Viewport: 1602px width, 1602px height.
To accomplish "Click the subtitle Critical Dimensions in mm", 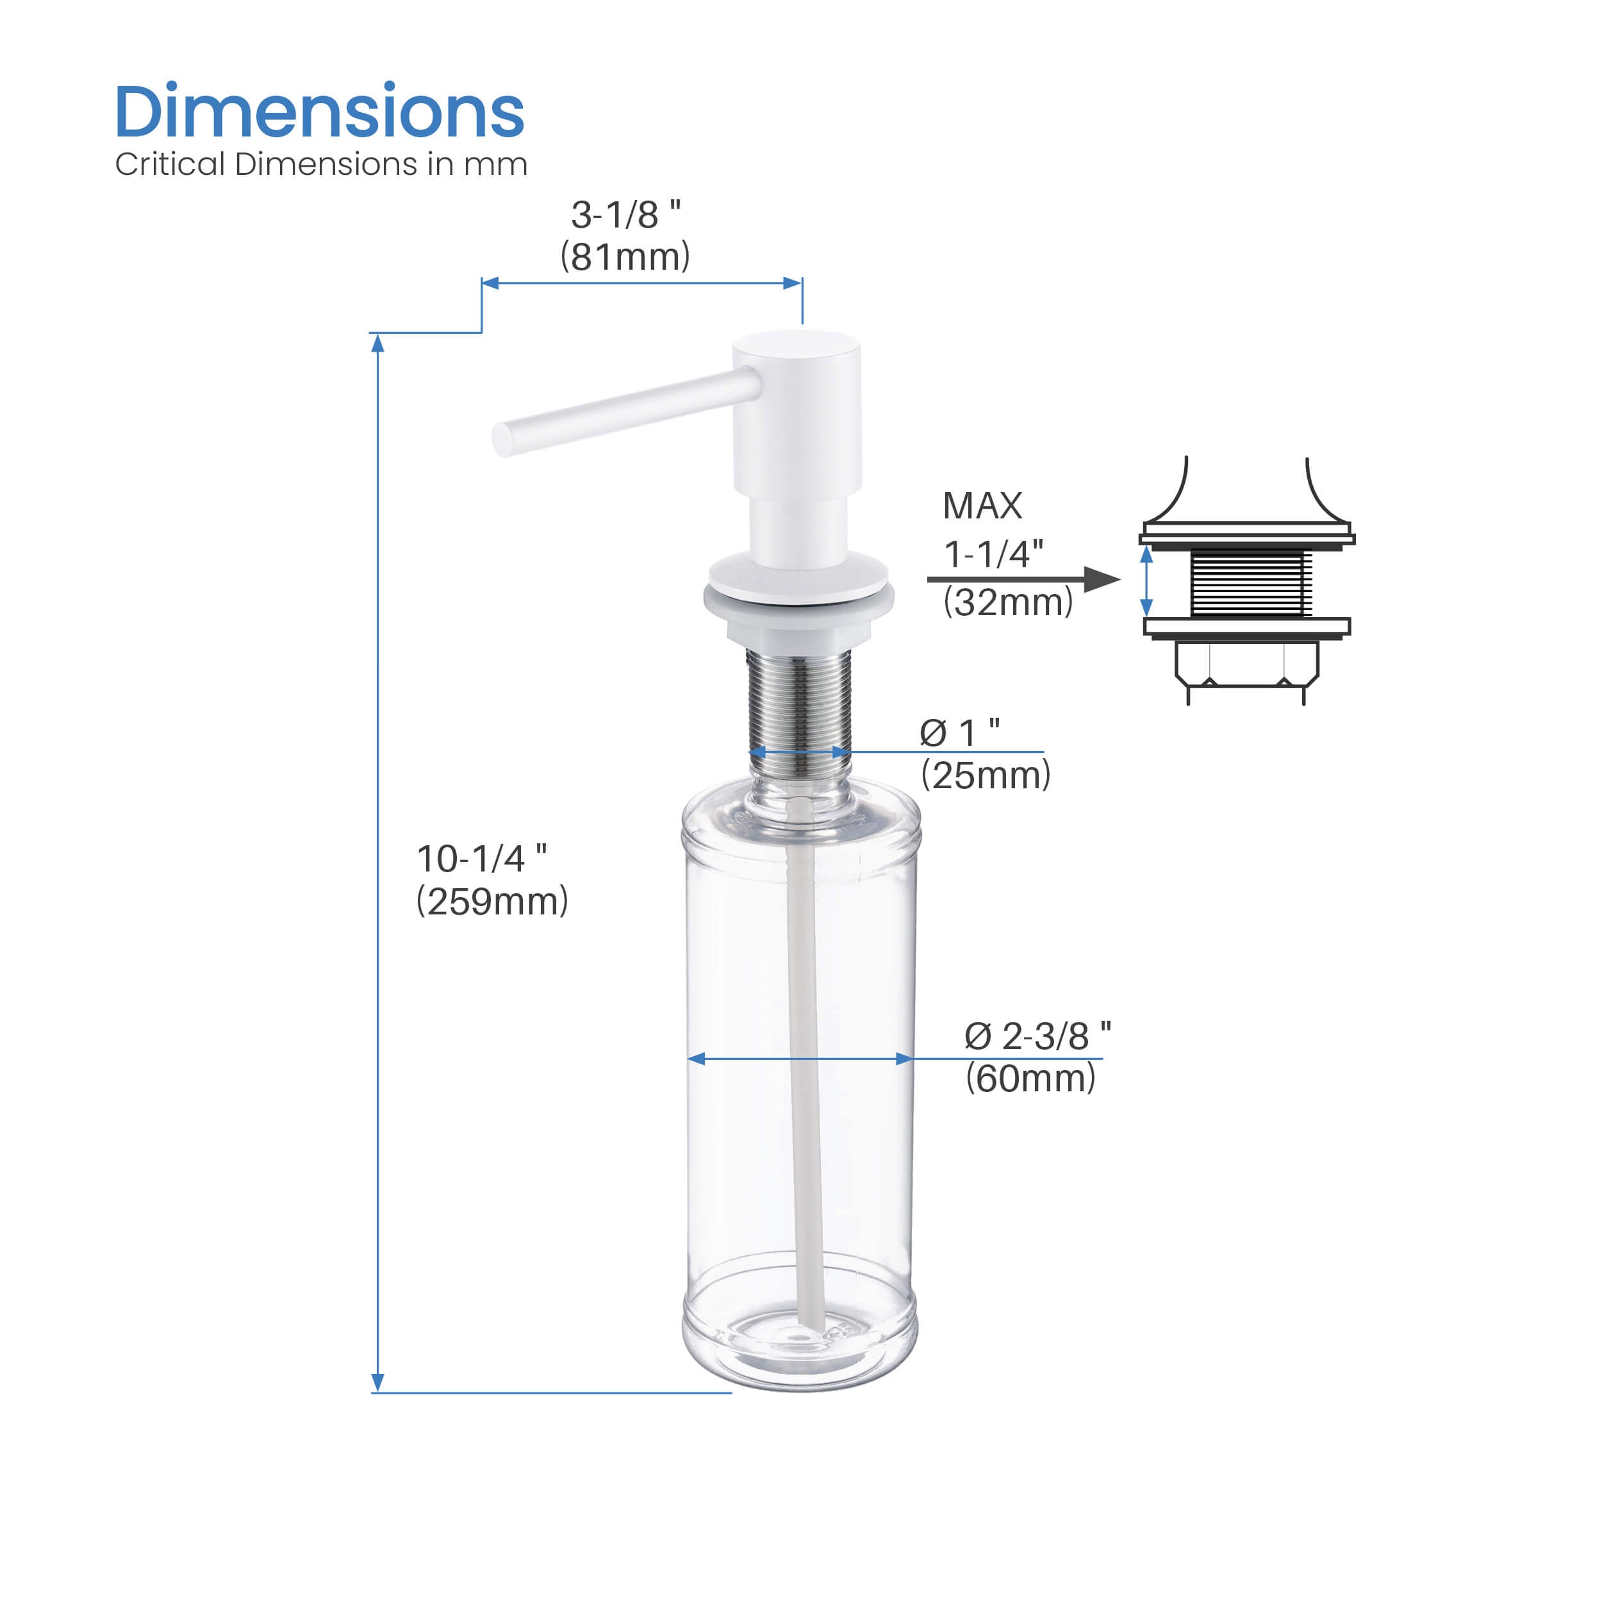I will click(321, 164).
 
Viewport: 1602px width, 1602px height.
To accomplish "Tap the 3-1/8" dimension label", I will click(625, 215).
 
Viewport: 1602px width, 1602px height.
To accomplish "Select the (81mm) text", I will click(625, 256).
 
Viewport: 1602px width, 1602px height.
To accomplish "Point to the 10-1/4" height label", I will click(481, 859).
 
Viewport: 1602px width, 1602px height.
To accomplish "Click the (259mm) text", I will click(491, 902).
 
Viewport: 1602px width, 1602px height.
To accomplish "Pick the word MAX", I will click(982, 506).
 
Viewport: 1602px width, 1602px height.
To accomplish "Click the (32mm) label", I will click(1007, 602).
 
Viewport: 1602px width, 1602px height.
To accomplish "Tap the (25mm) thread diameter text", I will click(985, 776).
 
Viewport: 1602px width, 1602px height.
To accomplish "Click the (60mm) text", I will click(1030, 1078).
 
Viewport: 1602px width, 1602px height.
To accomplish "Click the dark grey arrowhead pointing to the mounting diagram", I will click(1102, 579).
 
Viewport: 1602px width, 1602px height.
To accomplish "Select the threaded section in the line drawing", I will click(1250, 583).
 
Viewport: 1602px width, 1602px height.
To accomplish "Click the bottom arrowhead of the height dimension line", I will click(377, 1382).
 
